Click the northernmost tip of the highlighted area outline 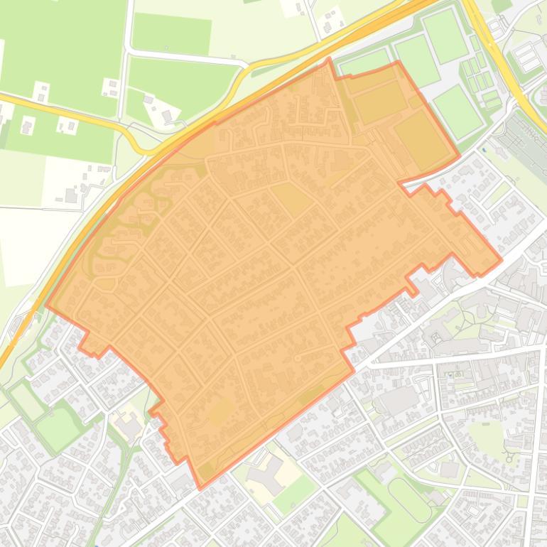pos(329,60)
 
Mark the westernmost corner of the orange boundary pos(47,307)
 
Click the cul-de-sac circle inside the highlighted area pos(297,357)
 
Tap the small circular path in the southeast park pos(509,456)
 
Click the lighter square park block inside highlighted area pos(291,198)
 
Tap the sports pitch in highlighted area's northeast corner pos(422,139)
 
